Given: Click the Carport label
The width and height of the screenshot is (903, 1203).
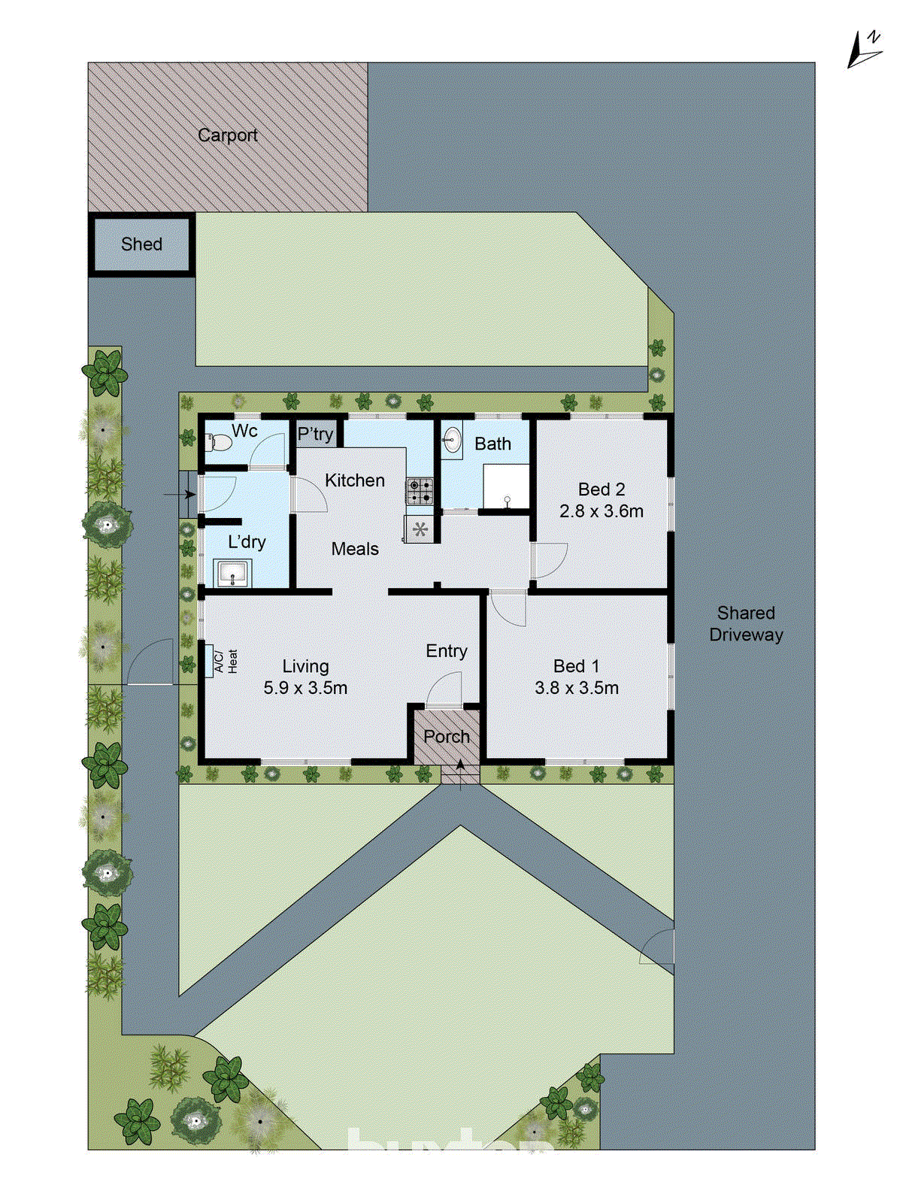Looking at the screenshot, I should click(227, 135).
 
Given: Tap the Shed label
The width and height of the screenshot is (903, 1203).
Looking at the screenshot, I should click(141, 244).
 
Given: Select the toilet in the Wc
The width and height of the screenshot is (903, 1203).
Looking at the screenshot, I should click(218, 441).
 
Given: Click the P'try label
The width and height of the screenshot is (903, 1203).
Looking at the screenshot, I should click(315, 434).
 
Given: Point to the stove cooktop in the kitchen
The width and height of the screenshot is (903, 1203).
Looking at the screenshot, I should click(420, 492).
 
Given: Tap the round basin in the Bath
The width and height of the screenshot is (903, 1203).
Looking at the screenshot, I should click(452, 441).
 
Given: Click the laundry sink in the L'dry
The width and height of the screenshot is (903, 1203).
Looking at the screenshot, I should click(232, 574).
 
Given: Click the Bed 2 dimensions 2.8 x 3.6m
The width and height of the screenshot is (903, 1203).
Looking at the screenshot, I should click(601, 511).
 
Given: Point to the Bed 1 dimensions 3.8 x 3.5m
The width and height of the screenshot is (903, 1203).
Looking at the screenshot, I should click(577, 688).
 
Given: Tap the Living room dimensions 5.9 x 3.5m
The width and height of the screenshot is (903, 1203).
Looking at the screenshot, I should click(305, 688).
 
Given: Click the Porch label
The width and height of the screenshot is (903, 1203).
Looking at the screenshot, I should click(447, 737).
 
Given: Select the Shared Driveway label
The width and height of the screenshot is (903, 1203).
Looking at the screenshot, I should click(746, 624).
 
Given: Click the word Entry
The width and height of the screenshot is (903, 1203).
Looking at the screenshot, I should click(447, 651).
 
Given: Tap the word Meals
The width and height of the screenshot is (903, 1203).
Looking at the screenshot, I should click(355, 550).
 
